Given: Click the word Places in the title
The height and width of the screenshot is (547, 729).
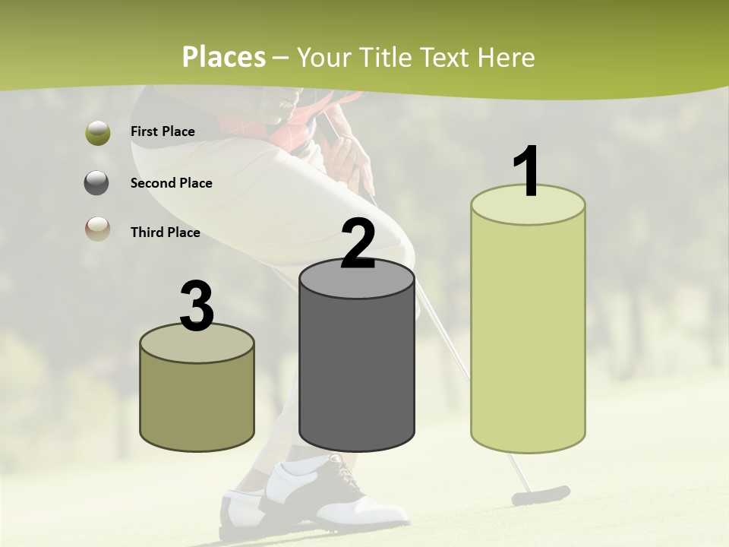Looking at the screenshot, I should tap(224, 57).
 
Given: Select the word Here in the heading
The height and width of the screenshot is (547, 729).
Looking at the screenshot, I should tap(507, 57).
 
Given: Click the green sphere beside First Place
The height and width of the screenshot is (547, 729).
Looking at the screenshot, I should tap(97, 132).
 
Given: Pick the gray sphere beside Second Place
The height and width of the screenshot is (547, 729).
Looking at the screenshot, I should tap(97, 183).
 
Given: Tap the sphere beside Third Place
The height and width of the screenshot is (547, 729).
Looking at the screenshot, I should tap(97, 229).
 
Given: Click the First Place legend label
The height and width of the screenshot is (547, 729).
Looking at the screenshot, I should tap(163, 131).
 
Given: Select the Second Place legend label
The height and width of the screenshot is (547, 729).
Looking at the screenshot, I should tap(171, 183).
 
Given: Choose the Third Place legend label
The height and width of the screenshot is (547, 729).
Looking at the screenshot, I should tap(165, 232).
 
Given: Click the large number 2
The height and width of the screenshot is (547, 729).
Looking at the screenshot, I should tap(358, 244).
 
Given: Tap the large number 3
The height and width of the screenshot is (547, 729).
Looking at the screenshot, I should tap(197, 306).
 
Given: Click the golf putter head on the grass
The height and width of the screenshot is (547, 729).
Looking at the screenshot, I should tap(540, 495).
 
